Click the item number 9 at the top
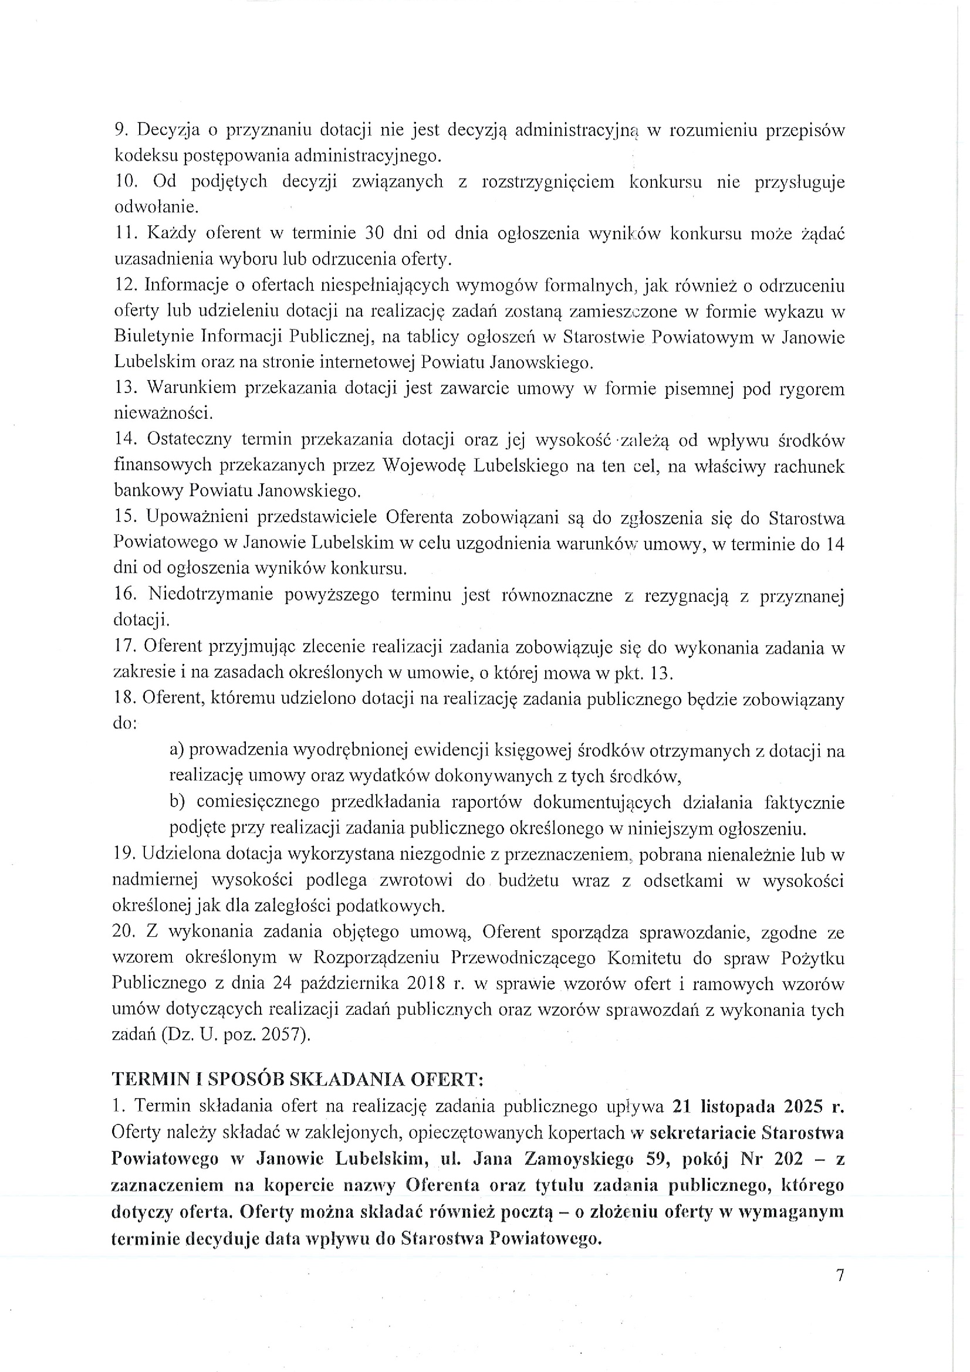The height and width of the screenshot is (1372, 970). coord(119,130)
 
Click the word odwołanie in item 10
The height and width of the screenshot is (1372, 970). coord(156,206)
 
